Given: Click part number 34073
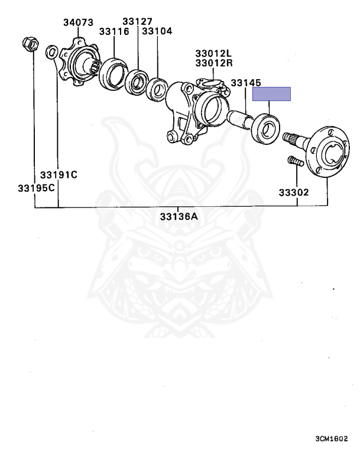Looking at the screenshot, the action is [x=78, y=22].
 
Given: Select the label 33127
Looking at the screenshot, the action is [x=137, y=21].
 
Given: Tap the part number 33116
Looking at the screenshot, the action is [x=114, y=31].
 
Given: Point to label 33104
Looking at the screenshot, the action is [x=157, y=31].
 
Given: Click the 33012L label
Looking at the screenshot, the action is [x=214, y=53].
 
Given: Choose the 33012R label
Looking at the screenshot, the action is [x=214, y=63].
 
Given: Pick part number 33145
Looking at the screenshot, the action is [x=246, y=83].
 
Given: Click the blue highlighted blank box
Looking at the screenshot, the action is [x=271, y=94].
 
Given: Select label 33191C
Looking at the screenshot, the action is [x=59, y=175].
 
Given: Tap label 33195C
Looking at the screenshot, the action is [x=36, y=188].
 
